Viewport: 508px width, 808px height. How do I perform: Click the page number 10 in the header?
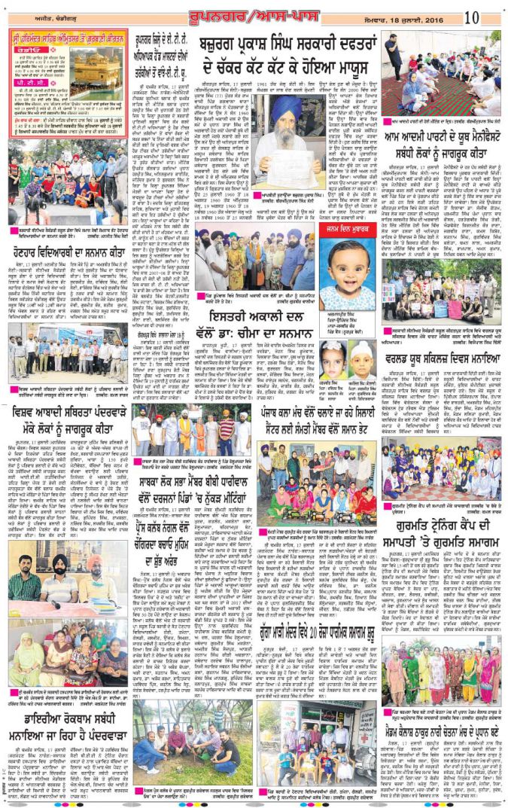coord(492,17)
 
